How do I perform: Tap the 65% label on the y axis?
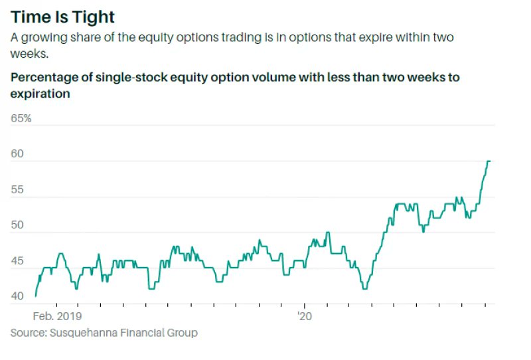tap(21, 119)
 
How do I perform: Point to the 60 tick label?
tap(17, 154)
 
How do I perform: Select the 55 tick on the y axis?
tap(17, 190)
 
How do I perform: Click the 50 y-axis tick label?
tap(17, 225)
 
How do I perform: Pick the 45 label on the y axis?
tap(17, 261)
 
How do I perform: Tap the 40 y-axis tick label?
tap(17, 296)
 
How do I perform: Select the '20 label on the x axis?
tap(305, 317)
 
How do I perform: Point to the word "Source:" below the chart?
tap(29, 332)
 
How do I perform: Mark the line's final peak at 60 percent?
tap(489, 161)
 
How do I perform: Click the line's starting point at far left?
tap(36, 296)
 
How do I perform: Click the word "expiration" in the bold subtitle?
tap(40, 94)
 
